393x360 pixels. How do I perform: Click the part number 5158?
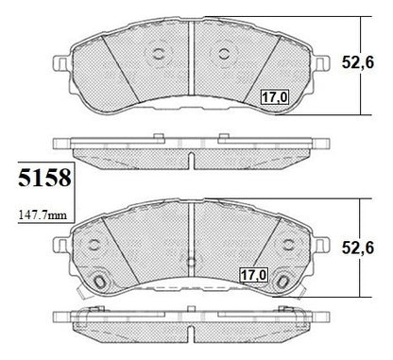pyautogui.click(x=44, y=178)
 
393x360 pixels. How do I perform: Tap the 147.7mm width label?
pyautogui.click(x=43, y=215)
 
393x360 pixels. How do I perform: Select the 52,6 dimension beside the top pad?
pyautogui.click(x=358, y=62)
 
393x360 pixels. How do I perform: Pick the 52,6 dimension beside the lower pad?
pyautogui.click(x=358, y=248)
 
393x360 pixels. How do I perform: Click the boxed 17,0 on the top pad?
pyautogui.click(x=275, y=97)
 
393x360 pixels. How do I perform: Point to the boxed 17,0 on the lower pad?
pyautogui.click(x=253, y=275)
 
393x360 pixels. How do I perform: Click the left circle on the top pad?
pyautogui.click(x=159, y=54)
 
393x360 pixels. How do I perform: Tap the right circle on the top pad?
pyautogui.click(x=224, y=54)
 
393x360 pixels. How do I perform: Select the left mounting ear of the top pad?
pyautogui.click(x=61, y=63)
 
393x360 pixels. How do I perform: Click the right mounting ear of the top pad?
pyautogui.click(x=322, y=63)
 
